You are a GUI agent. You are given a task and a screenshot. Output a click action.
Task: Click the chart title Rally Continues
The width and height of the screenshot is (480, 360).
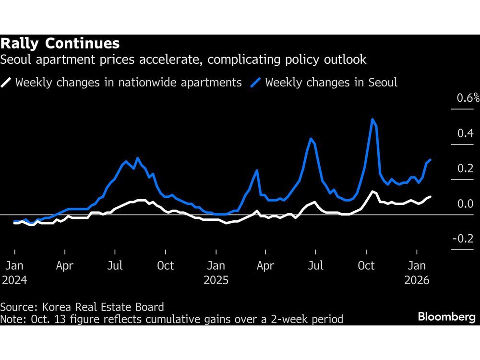click(x=60, y=44)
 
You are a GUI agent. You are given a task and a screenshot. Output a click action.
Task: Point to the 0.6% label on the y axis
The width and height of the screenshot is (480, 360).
click(x=468, y=98)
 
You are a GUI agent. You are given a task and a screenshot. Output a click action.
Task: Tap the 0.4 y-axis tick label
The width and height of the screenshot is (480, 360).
click(x=465, y=133)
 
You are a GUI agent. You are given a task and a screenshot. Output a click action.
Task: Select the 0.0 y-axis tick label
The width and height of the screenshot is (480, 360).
click(x=465, y=204)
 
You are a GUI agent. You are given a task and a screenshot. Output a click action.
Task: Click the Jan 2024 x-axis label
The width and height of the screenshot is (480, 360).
click(x=14, y=272)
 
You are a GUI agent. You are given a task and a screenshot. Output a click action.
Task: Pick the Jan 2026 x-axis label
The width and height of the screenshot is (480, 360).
click(x=417, y=272)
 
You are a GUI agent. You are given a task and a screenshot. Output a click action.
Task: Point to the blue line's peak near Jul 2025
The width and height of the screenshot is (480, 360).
click(x=311, y=139)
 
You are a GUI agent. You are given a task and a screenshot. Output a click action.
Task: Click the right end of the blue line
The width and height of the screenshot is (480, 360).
click(x=430, y=160)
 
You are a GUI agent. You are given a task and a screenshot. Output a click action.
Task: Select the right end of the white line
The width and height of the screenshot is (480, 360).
click(x=430, y=196)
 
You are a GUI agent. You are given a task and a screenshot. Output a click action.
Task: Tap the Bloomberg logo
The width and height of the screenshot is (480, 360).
click(x=446, y=317)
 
